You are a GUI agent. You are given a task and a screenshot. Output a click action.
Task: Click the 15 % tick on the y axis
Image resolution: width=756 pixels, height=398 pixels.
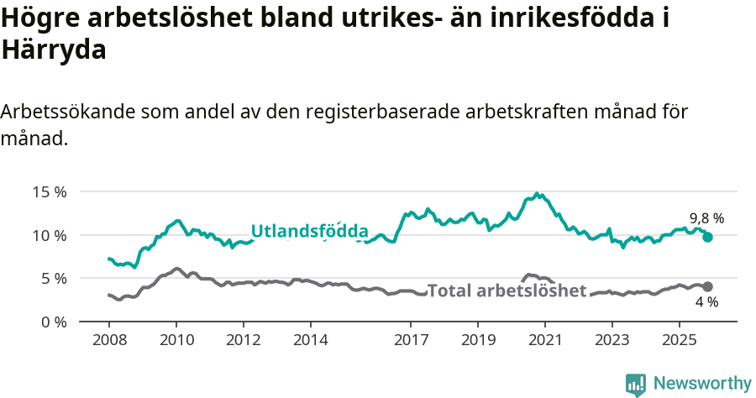[x=50, y=191]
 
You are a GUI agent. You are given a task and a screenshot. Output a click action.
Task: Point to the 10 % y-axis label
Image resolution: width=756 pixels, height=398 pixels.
[x=50, y=234]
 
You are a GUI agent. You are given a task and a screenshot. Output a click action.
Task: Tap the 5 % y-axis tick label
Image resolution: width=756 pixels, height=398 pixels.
[x=53, y=278]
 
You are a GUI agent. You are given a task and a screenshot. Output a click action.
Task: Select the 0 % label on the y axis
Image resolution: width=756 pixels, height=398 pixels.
[x=53, y=322]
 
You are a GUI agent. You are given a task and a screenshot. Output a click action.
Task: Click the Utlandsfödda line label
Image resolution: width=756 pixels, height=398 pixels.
[x=309, y=231]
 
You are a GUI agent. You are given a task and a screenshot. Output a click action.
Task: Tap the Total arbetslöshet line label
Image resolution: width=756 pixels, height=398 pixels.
[x=507, y=291]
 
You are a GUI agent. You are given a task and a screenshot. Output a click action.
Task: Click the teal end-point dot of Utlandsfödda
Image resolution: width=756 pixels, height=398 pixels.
[x=707, y=238]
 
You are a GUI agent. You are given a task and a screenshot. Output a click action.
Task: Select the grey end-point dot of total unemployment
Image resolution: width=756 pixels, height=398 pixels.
[x=707, y=287]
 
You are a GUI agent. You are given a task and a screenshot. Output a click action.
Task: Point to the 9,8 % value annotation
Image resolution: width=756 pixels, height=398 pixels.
[x=706, y=218]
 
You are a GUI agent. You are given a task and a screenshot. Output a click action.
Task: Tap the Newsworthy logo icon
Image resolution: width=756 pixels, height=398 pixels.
[x=636, y=384]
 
